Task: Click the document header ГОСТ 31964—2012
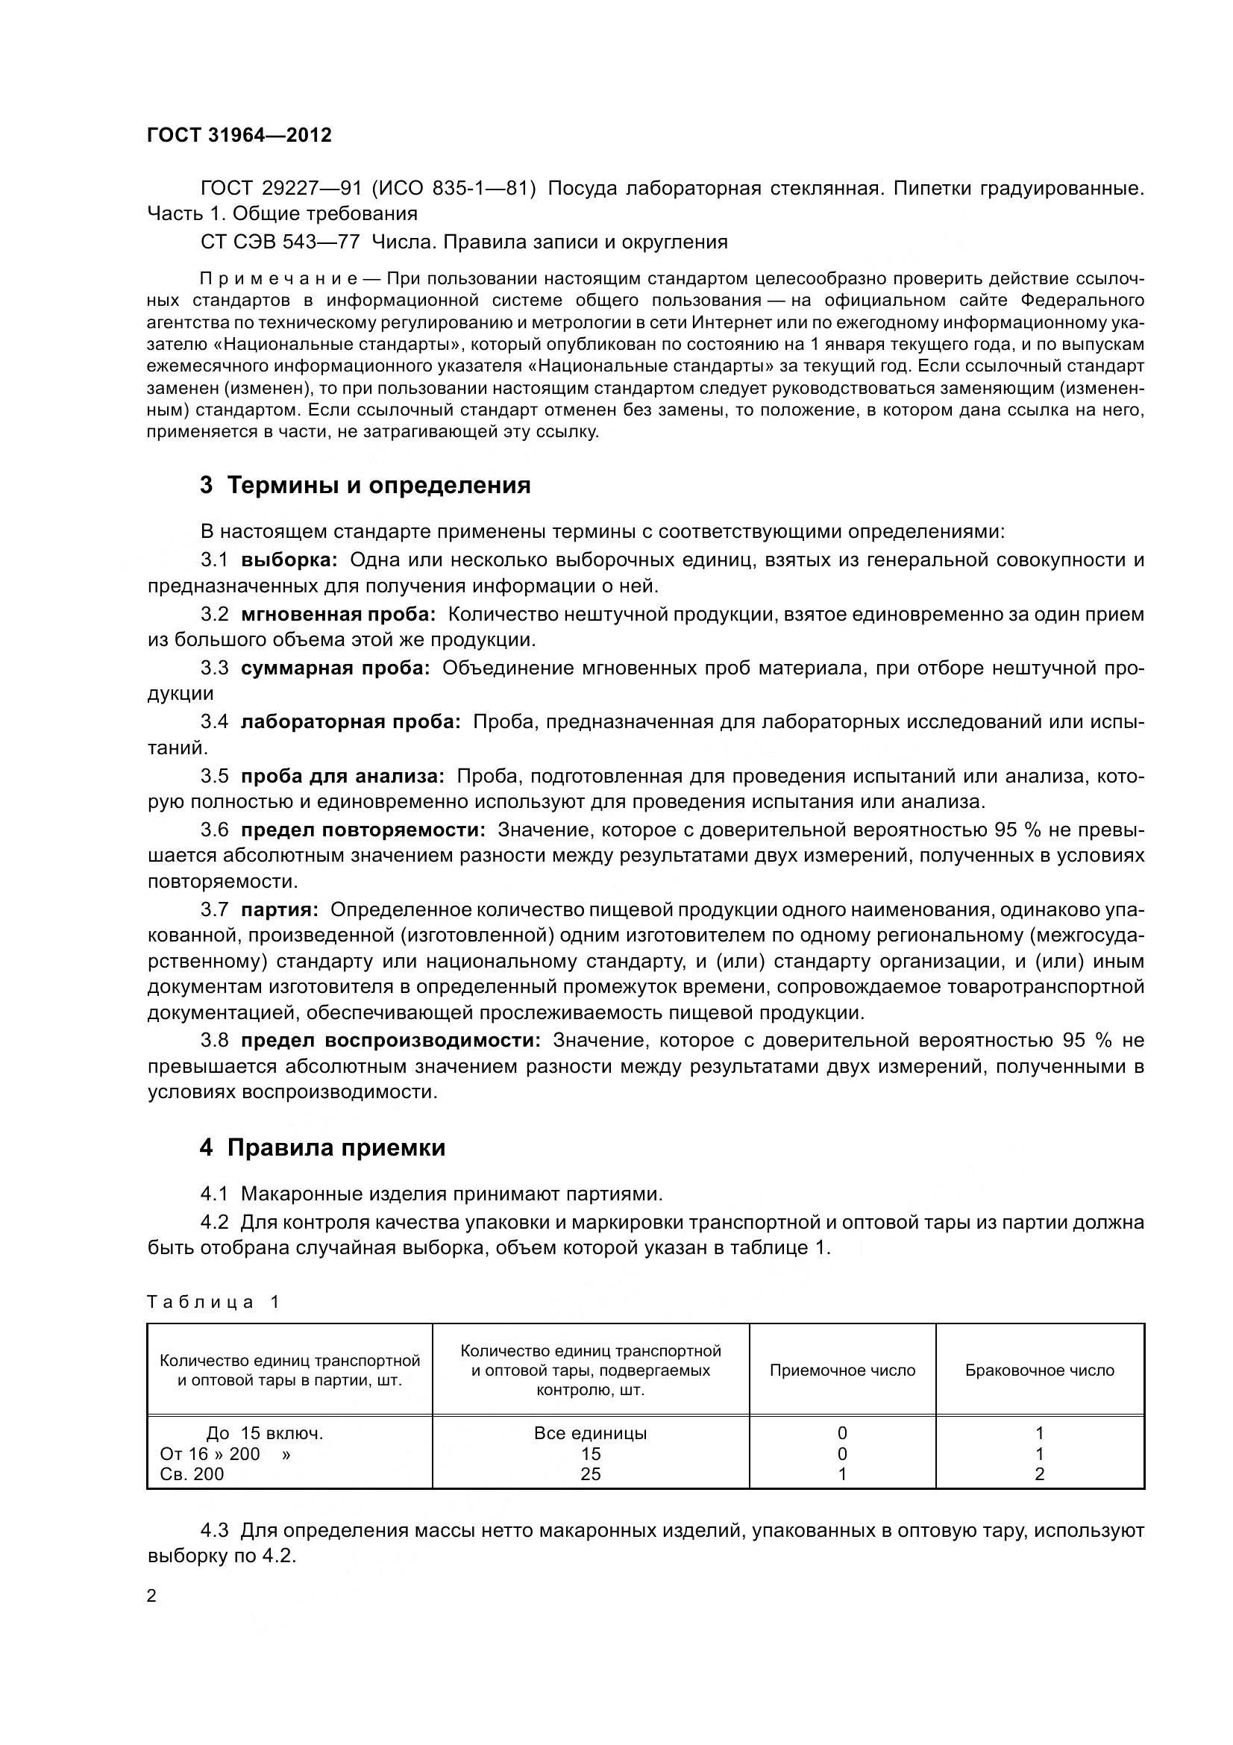[x=239, y=135]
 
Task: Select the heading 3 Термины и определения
[x=365, y=485]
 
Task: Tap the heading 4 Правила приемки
[x=322, y=1147]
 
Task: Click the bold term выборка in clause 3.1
[x=289, y=560]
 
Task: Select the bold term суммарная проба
[x=335, y=668]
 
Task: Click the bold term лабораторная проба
[x=351, y=722]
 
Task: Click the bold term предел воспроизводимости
[x=392, y=1040]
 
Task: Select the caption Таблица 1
[x=213, y=1302]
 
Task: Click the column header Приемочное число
[x=842, y=1370]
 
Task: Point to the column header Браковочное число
[x=1039, y=1370]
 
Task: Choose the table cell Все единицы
[x=590, y=1433]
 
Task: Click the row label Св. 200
[x=192, y=1473]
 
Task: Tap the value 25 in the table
[x=590, y=1473]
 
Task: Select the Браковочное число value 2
[x=1039, y=1473]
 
